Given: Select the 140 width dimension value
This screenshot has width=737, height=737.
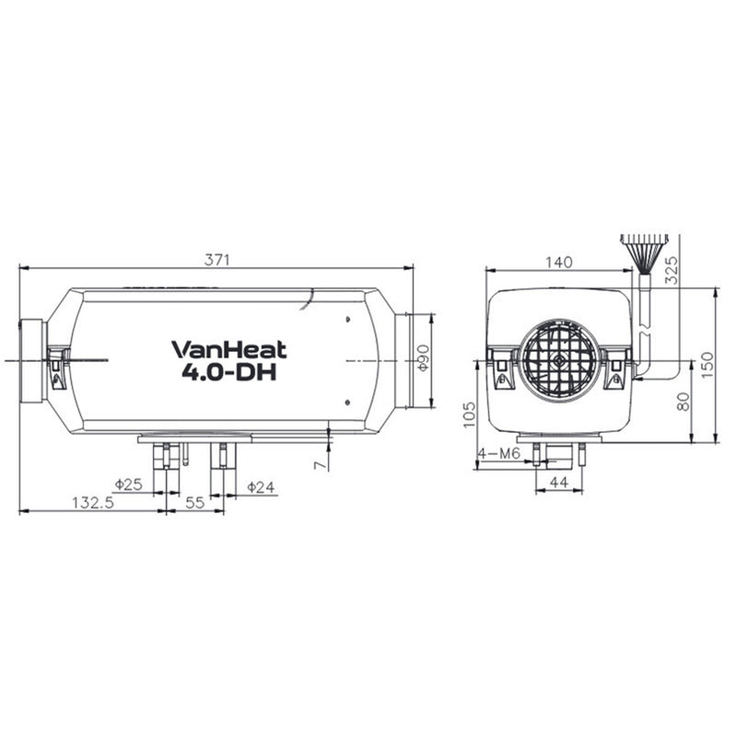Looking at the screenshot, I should (x=558, y=262).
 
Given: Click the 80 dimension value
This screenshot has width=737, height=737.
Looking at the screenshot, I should (x=683, y=403).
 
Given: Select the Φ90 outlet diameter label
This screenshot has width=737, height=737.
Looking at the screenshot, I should (x=423, y=358).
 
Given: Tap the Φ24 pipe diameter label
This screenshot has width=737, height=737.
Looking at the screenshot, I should (x=262, y=485).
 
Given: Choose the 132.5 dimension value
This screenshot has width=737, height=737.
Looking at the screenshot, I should (x=92, y=503).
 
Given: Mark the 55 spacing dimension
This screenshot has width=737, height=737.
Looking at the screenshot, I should (x=194, y=503).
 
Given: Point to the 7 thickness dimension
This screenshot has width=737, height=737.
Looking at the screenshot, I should (x=320, y=464).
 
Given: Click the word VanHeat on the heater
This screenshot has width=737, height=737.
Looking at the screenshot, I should (x=229, y=349).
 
